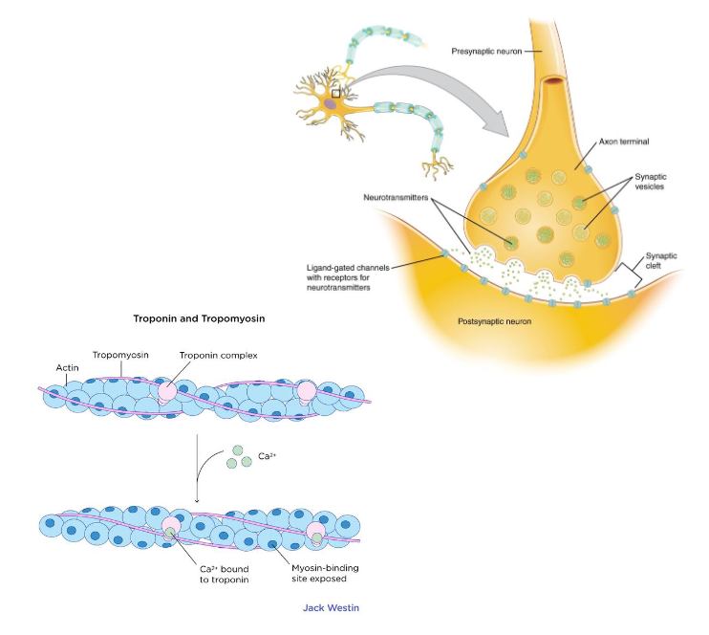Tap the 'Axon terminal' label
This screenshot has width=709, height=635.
(624, 141)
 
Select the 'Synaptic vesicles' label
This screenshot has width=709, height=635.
(650, 182)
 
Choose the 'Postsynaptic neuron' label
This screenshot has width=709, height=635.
(496, 320)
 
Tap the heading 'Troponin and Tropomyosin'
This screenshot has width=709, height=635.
(199, 317)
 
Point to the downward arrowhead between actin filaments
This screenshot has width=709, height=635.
(196, 499)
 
